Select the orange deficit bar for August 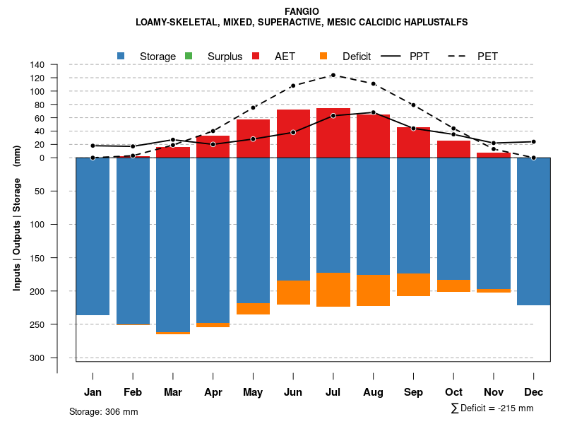[x=374, y=290]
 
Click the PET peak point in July [x=333, y=75]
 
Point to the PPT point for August [x=374, y=112]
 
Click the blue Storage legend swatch [x=121, y=56]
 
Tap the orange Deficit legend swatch [x=323, y=56]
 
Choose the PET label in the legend [x=487, y=56]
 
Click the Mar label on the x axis [x=173, y=392]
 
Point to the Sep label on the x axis [x=414, y=392]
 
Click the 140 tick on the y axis [x=57, y=65]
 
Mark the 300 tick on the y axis [x=56, y=358]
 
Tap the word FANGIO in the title [x=302, y=11]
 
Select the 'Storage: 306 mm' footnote [x=104, y=411]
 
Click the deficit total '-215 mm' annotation [x=516, y=408]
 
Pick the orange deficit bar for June [x=293, y=293]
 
